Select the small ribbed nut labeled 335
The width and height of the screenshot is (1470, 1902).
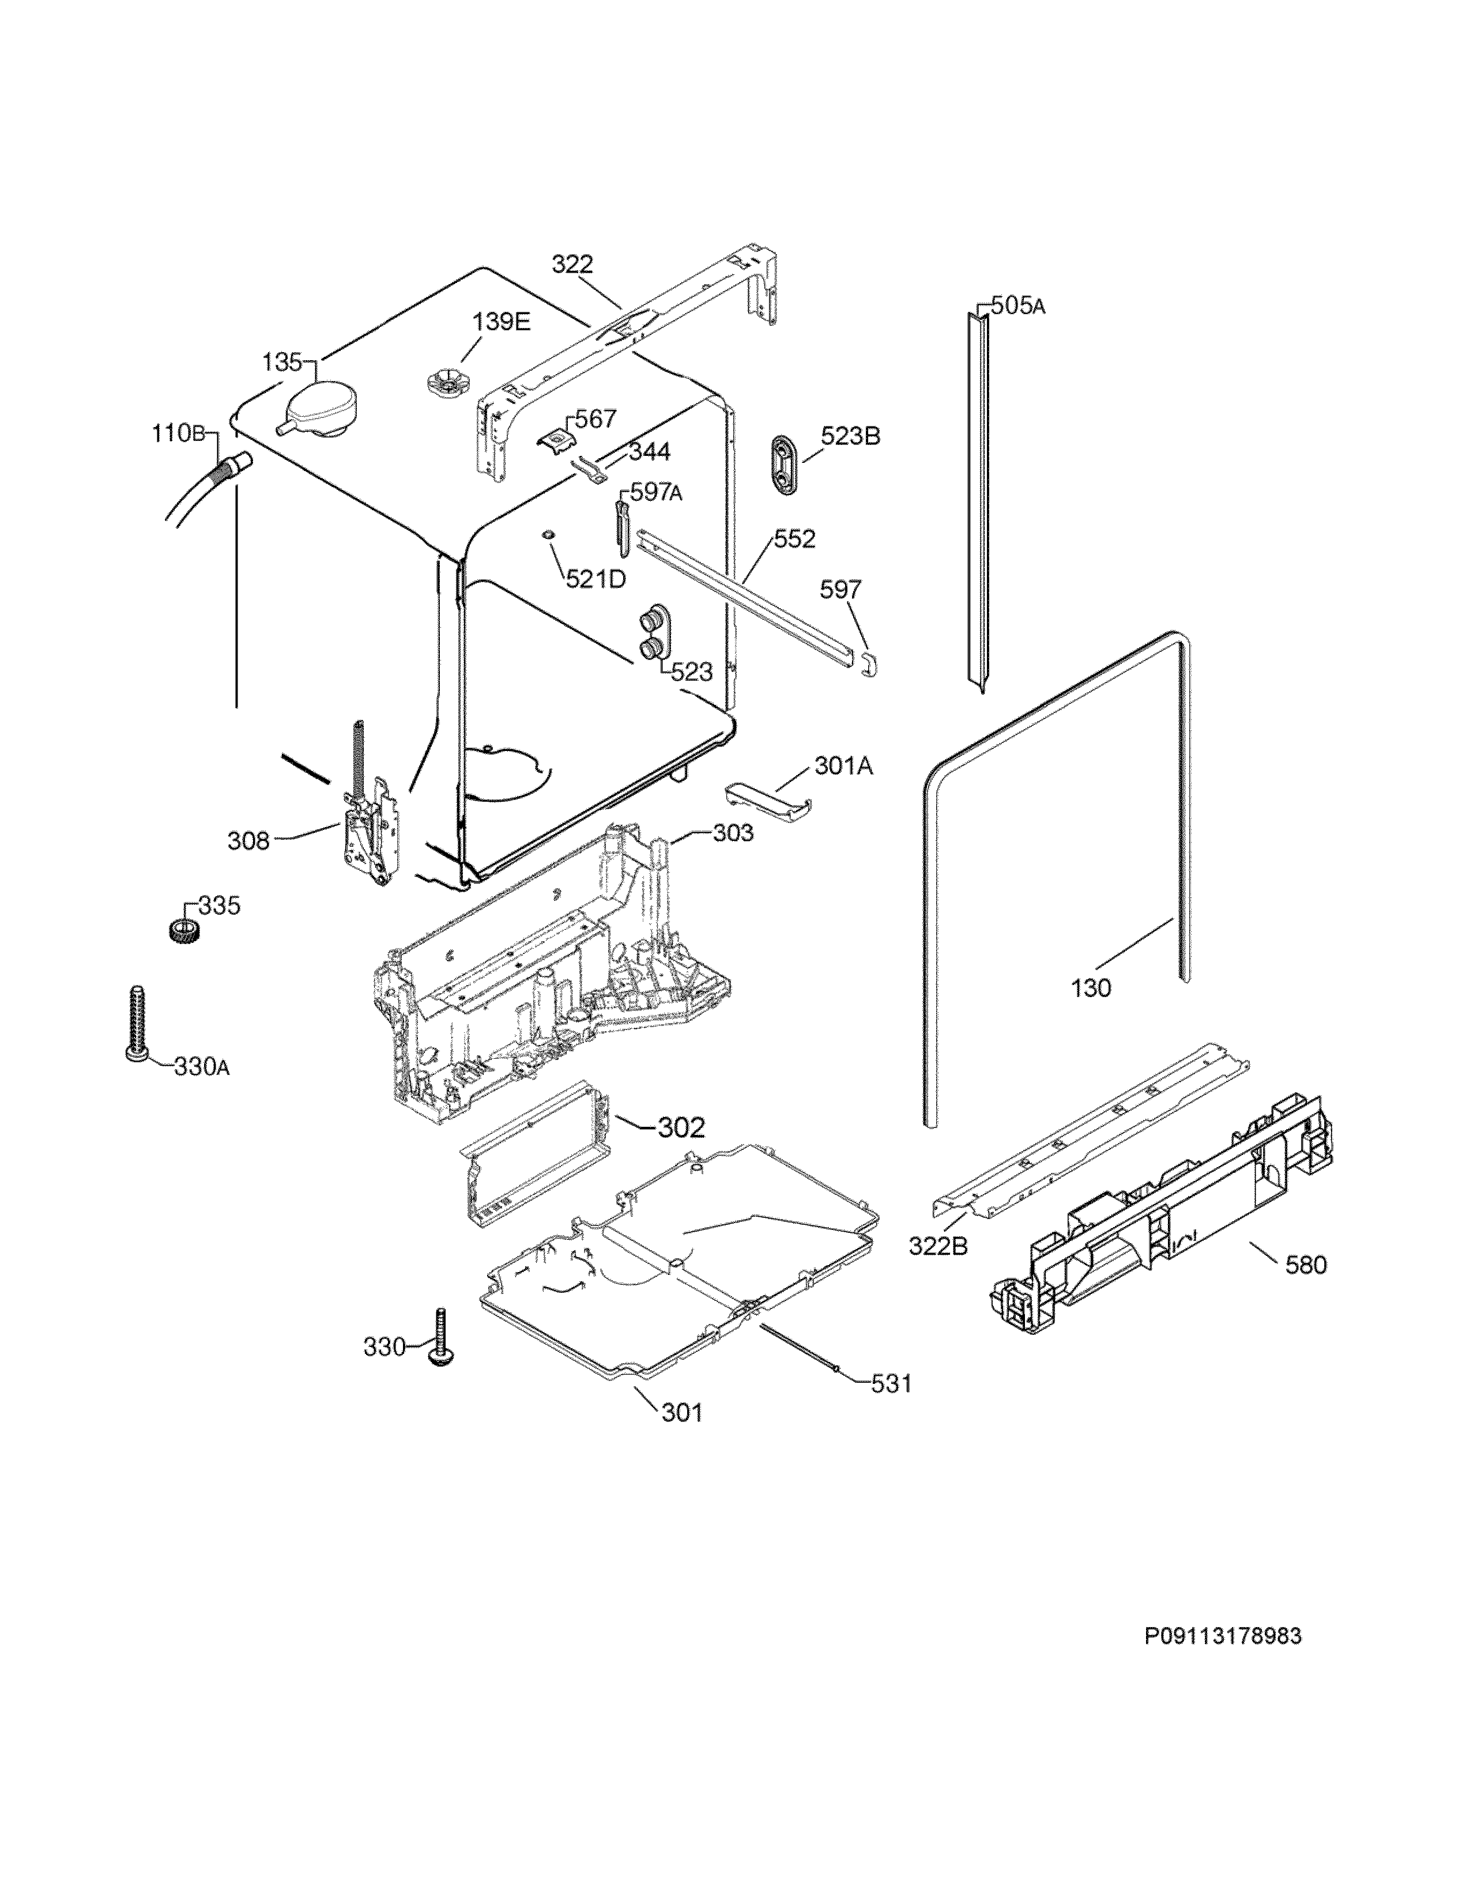click(182, 929)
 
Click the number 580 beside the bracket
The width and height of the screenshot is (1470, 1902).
click(1305, 1265)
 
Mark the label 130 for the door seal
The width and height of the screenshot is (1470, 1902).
click(1091, 988)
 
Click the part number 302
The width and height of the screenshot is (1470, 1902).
click(680, 1128)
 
